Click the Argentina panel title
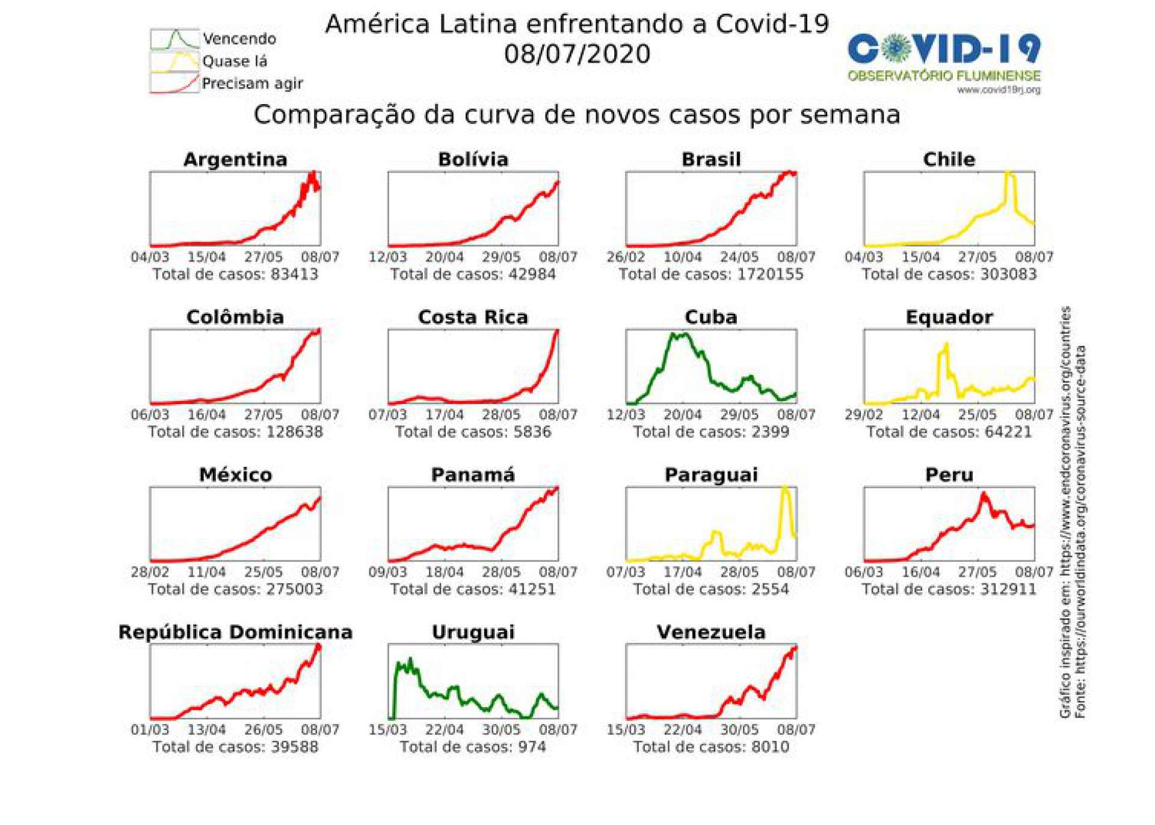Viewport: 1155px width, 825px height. coord(235,159)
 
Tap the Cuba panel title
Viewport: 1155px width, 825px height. coord(710,317)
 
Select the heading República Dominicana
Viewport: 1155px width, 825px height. coord(235,632)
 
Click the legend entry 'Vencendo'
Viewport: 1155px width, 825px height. coord(239,39)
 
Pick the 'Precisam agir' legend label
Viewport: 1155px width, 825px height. coord(252,84)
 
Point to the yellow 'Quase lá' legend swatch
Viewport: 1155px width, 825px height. coord(174,61)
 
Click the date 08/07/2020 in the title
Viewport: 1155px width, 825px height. coord(577,54)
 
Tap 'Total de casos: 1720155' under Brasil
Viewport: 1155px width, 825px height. coord(710,274)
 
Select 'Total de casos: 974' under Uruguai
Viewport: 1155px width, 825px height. coord(473,747)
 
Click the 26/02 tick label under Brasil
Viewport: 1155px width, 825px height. coord(626,257)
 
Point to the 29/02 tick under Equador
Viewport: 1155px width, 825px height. coord(863,415)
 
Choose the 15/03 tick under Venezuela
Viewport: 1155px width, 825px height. coord(626,730)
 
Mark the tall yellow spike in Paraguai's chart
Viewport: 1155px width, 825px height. coord(785,490)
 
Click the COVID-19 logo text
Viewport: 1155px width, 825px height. coord(944,49)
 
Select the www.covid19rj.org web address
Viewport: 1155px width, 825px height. coord(999,90)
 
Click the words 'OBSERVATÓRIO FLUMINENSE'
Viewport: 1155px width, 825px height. coord(944,76)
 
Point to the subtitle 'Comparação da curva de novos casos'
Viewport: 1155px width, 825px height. coord(576,114)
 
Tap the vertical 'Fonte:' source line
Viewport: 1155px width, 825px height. coord(1081,532)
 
